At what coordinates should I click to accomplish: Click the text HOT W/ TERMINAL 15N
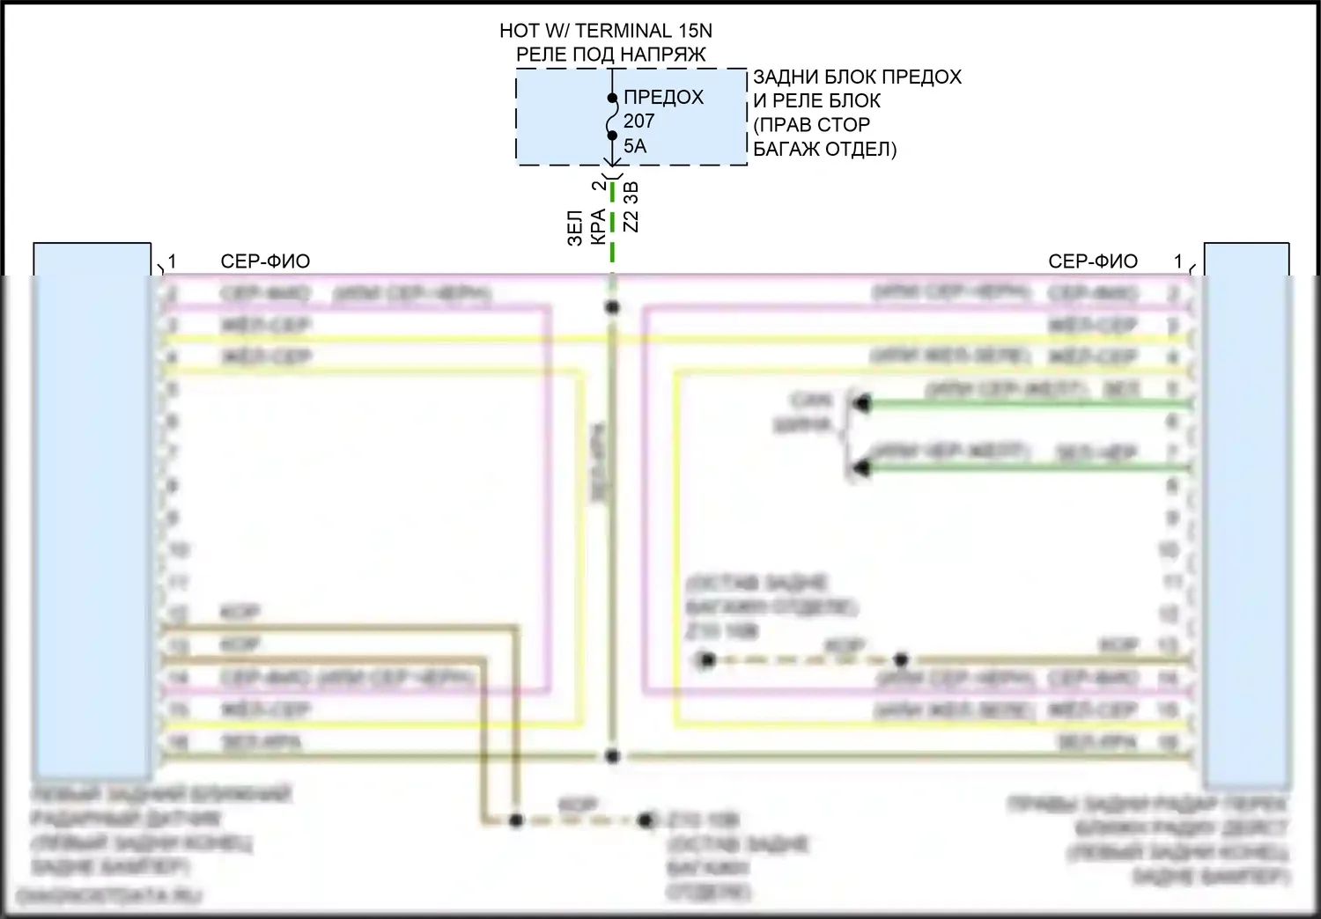coord(605,31)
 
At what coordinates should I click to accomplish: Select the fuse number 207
coord(638,121)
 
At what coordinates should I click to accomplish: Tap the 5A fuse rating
coord(635,146)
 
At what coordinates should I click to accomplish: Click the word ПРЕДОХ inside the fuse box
coord(663,97)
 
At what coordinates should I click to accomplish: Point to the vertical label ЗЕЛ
coord(575,227)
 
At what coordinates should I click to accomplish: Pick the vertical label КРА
coord(598,226)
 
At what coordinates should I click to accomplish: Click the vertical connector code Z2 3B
coord(631,208)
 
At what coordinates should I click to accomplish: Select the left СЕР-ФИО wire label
coord(265,261)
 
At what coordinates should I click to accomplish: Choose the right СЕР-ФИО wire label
coord(1093,261)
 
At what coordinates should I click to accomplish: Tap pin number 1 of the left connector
coord(173,261)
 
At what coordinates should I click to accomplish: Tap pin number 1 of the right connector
coord(1178,261)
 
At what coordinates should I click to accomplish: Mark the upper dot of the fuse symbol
coord(612,98)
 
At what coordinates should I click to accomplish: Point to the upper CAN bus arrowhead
coord(861,404)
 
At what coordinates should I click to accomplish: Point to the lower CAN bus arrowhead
coord(861,468)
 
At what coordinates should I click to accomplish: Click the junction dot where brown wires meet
coord(516,820)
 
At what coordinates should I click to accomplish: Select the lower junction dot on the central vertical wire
coord(612,756)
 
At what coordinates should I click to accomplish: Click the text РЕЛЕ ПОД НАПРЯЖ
coord(610,55)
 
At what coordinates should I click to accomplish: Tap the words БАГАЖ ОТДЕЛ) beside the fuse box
coord(824,149)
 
